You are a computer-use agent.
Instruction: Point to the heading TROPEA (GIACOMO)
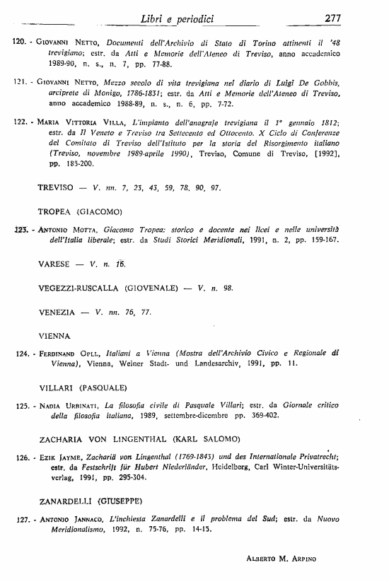[81, 211]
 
